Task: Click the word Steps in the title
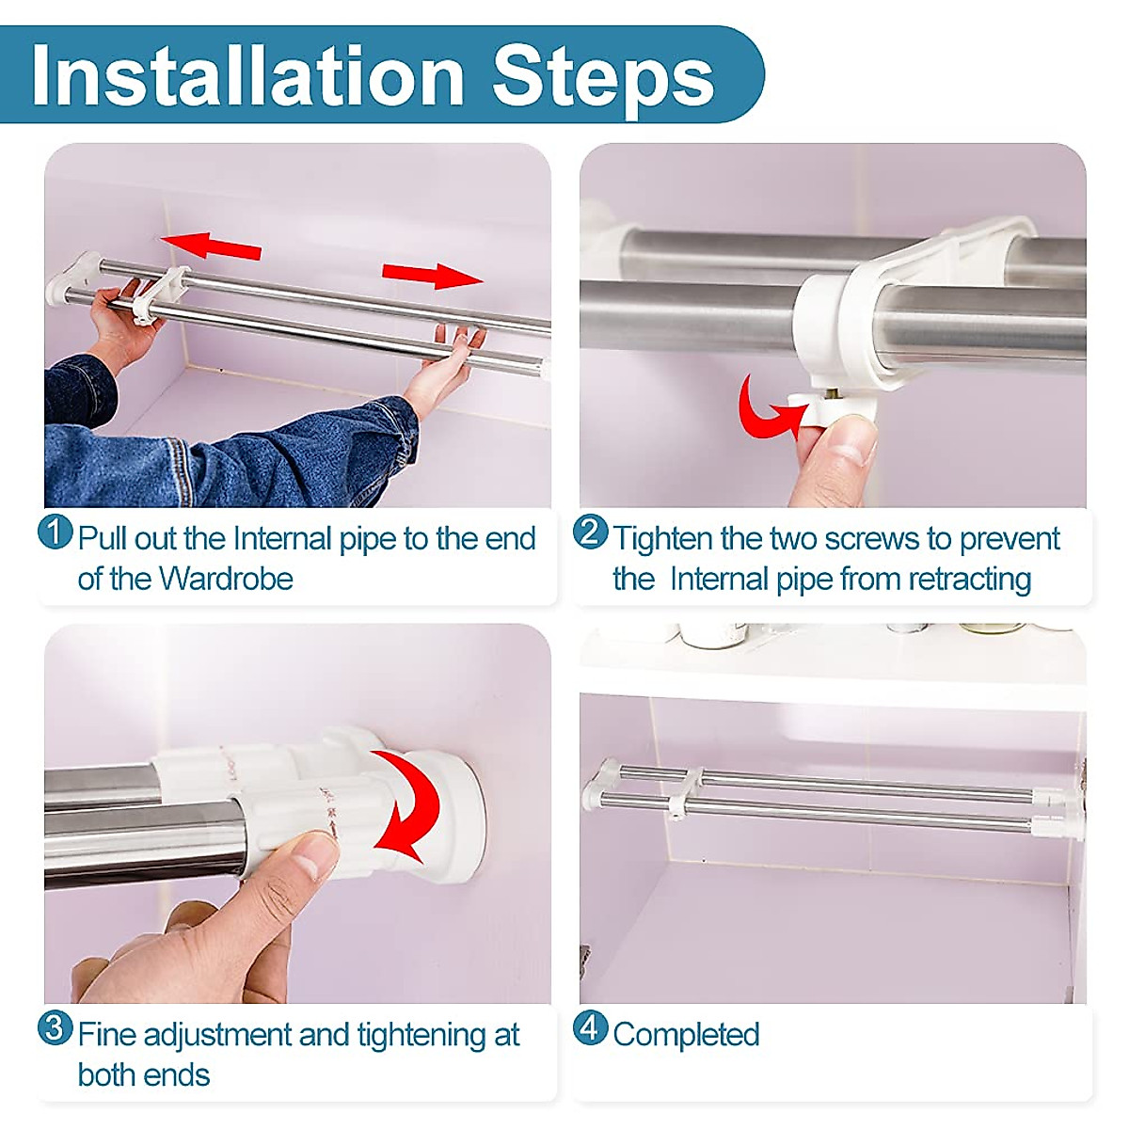(603, 75)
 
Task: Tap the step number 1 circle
(56, 532)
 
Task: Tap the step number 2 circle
(590, 533)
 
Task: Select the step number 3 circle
(56, 1027)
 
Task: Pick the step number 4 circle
(590, 1027)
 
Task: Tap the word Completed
(686, 1034)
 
